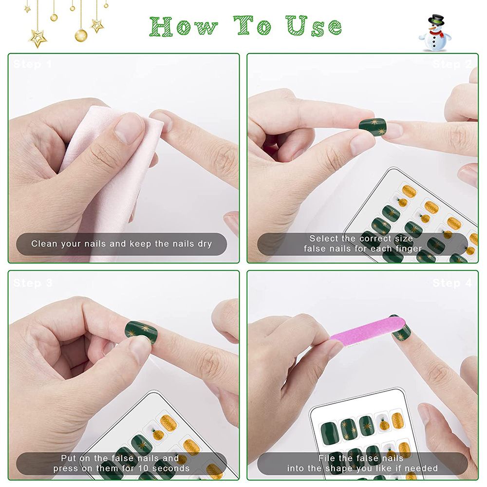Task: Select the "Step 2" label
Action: click(x=452, y=64)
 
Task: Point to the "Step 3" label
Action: click(x=33, y=283)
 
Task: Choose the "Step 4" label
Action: click(x=452, y=283)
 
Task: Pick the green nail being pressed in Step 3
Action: click(x=141, y=332)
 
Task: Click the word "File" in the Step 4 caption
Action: click(x=327, y=458)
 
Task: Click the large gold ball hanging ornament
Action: click(x=81, y=35)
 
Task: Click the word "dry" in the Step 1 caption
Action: click(x=205, y=243)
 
